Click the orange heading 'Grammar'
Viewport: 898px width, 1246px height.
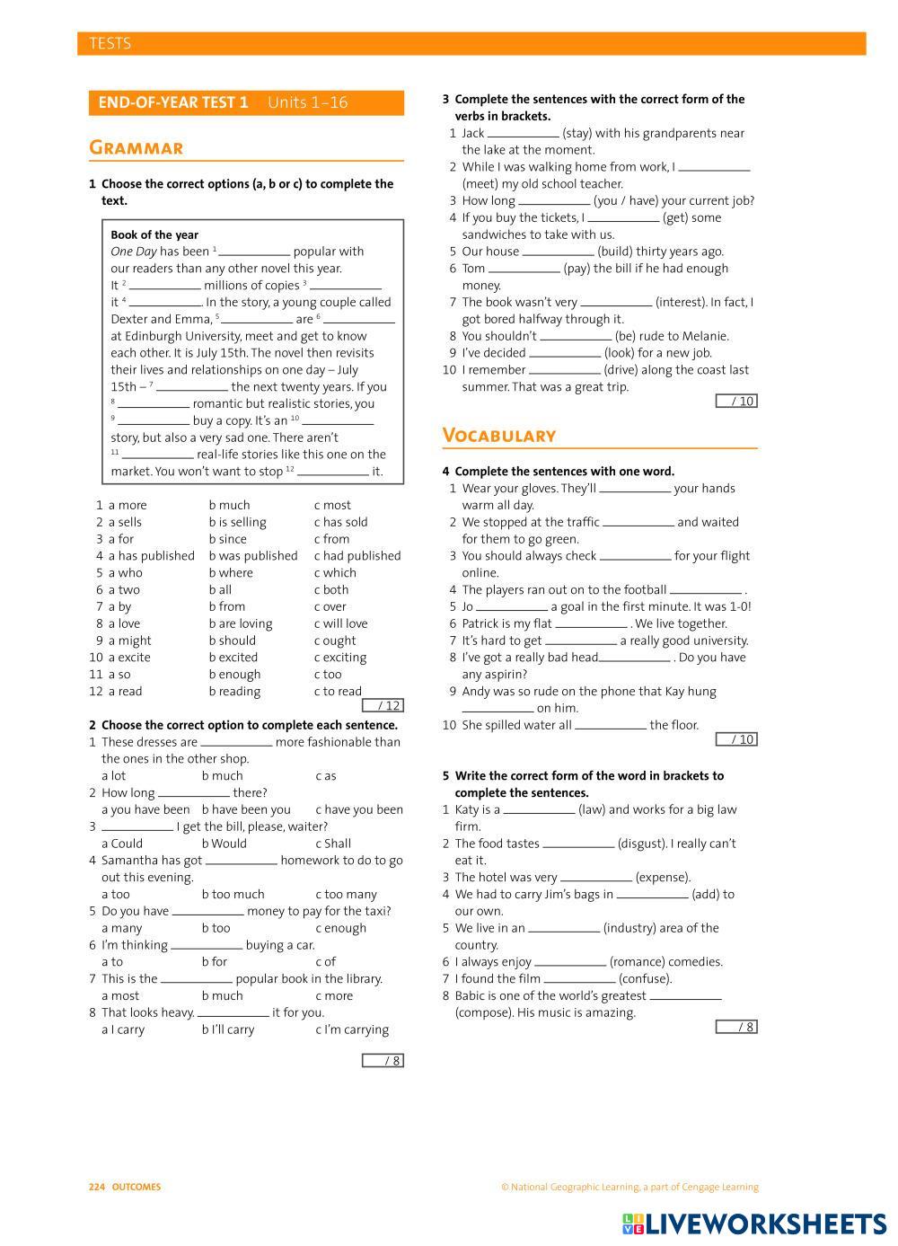136,147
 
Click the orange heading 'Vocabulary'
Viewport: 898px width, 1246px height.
499,436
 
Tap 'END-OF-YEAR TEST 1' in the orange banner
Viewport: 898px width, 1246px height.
173,102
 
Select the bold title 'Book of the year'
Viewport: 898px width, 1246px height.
154,234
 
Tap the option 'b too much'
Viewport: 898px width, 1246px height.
233,894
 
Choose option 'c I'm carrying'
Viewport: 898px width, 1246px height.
352,1029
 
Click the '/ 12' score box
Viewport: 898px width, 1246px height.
383,706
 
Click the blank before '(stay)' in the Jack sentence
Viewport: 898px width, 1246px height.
523,134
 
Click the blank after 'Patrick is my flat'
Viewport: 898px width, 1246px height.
591,623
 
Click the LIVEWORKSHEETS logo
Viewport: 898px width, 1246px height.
754,1224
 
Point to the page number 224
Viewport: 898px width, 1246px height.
97,1187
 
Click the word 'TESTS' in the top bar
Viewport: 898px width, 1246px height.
110,43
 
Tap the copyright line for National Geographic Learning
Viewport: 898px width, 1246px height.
629,1187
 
